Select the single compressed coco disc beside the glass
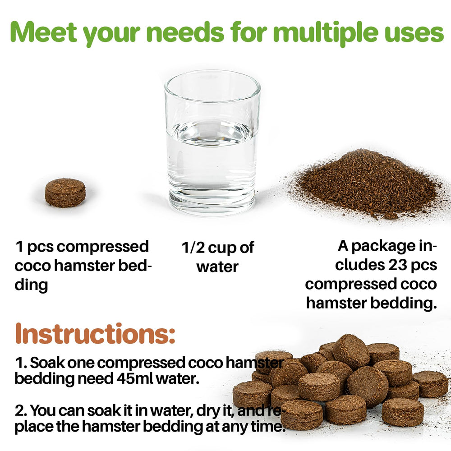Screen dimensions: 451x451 65,193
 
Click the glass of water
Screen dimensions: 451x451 212,143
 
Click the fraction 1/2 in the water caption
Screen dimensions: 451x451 193,248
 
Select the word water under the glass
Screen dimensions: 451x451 217,267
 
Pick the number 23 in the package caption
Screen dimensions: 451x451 397,265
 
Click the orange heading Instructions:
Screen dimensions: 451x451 95,333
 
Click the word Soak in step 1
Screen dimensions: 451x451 47,363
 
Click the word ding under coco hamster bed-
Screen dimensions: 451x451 32,285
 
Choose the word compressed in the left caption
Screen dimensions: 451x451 102,247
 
